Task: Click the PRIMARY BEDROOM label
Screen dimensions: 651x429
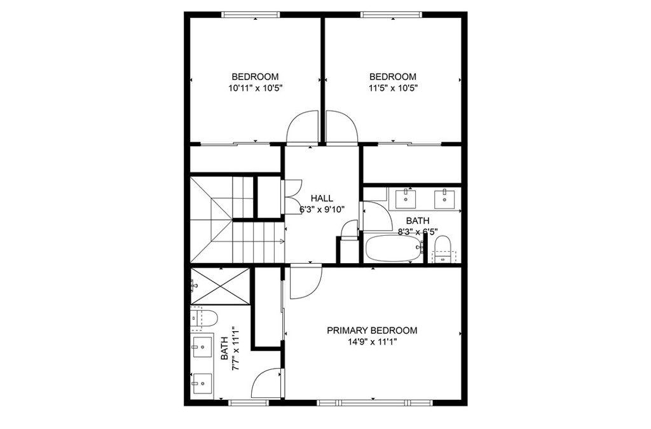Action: tap(372, 330)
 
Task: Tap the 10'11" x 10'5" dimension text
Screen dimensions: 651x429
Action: tap(256, 88)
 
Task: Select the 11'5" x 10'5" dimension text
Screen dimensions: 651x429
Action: tap(393, 88)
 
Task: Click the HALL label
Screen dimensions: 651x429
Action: tap(322, 199)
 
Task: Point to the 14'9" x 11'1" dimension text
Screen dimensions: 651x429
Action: tap(372, 343)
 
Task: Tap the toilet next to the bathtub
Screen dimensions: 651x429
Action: tap(442, 249)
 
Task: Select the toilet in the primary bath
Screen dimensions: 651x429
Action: tap(204, 318)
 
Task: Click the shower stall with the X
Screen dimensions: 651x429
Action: tap(219, 285)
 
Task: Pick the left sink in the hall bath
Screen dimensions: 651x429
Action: tap(405, 198)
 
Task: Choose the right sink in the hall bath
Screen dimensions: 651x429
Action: tap(444, 198)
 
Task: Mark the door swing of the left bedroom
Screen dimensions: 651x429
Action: tap(302, 128)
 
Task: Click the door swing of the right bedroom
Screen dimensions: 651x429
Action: tap(341, 128)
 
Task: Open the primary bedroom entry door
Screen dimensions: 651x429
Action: tap(306, 282)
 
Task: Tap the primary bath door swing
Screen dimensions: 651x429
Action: tap(268, 384)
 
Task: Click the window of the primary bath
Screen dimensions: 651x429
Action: tap(249, 402)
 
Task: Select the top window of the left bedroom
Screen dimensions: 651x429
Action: tap(250, 15)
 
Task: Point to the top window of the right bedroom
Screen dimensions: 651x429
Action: tap(392, 15)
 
